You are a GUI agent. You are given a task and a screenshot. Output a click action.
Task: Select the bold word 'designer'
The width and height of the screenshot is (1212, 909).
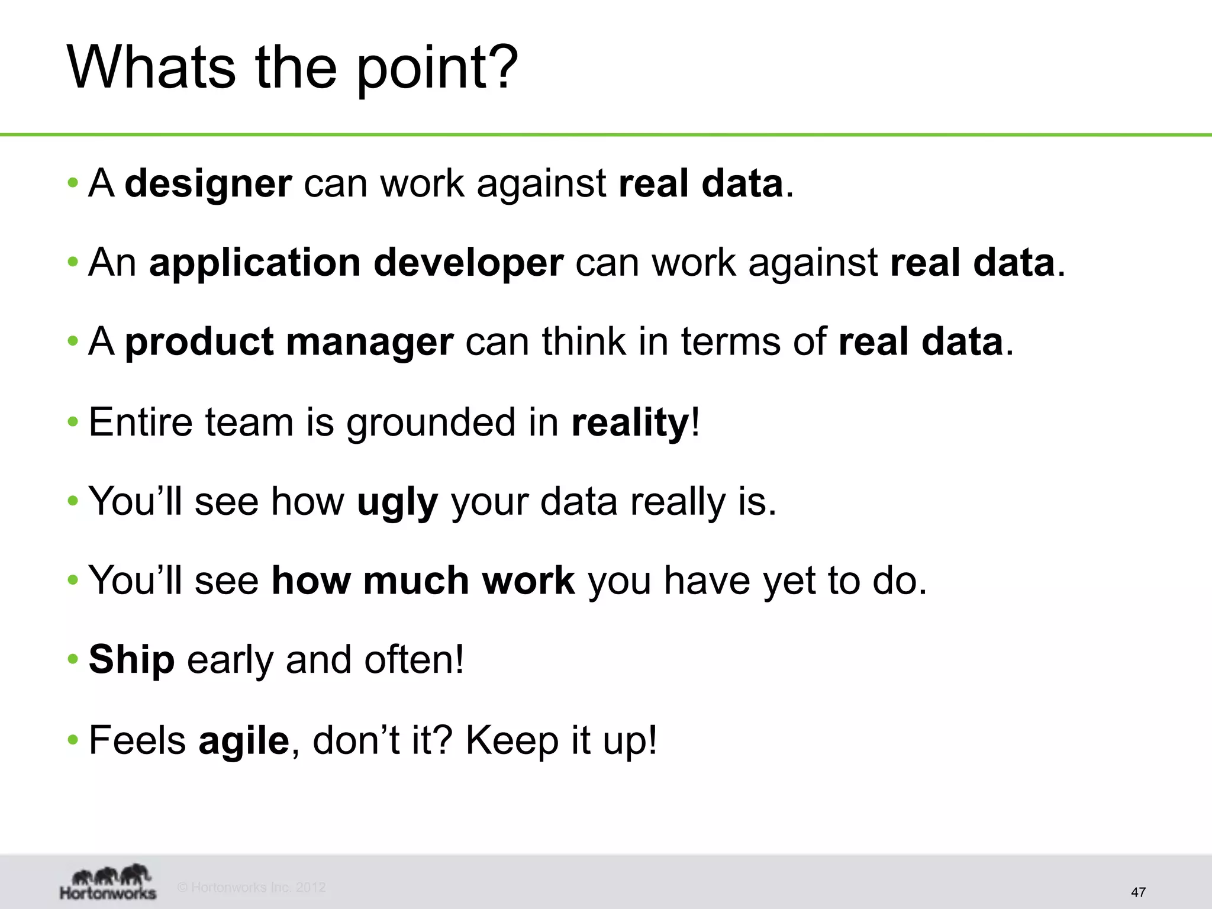[208, 183]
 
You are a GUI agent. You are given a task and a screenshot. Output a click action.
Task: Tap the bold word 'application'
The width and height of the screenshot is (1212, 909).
[255, 263]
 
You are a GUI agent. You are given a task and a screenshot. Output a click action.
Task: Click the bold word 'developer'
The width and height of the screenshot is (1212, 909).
[468, 263]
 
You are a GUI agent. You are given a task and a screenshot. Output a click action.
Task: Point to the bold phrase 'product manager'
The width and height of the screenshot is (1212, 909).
[289, 342]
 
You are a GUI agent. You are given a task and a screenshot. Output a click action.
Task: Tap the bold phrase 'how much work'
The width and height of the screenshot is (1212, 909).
[423, 581]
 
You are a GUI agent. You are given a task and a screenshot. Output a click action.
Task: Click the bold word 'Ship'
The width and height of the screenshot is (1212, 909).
[131, 659]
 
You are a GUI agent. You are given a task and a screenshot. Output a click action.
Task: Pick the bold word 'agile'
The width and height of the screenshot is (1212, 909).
[243, 740]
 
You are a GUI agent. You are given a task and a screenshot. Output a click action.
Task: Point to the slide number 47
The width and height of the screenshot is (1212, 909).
[1138, 892]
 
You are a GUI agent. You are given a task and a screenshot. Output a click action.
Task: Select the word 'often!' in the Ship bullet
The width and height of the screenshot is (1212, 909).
[414, 659]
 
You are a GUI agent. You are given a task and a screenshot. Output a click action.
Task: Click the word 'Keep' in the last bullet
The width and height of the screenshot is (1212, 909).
[512, 740]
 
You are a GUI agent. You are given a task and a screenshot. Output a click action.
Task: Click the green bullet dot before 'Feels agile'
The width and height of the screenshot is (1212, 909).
[73, 740]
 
